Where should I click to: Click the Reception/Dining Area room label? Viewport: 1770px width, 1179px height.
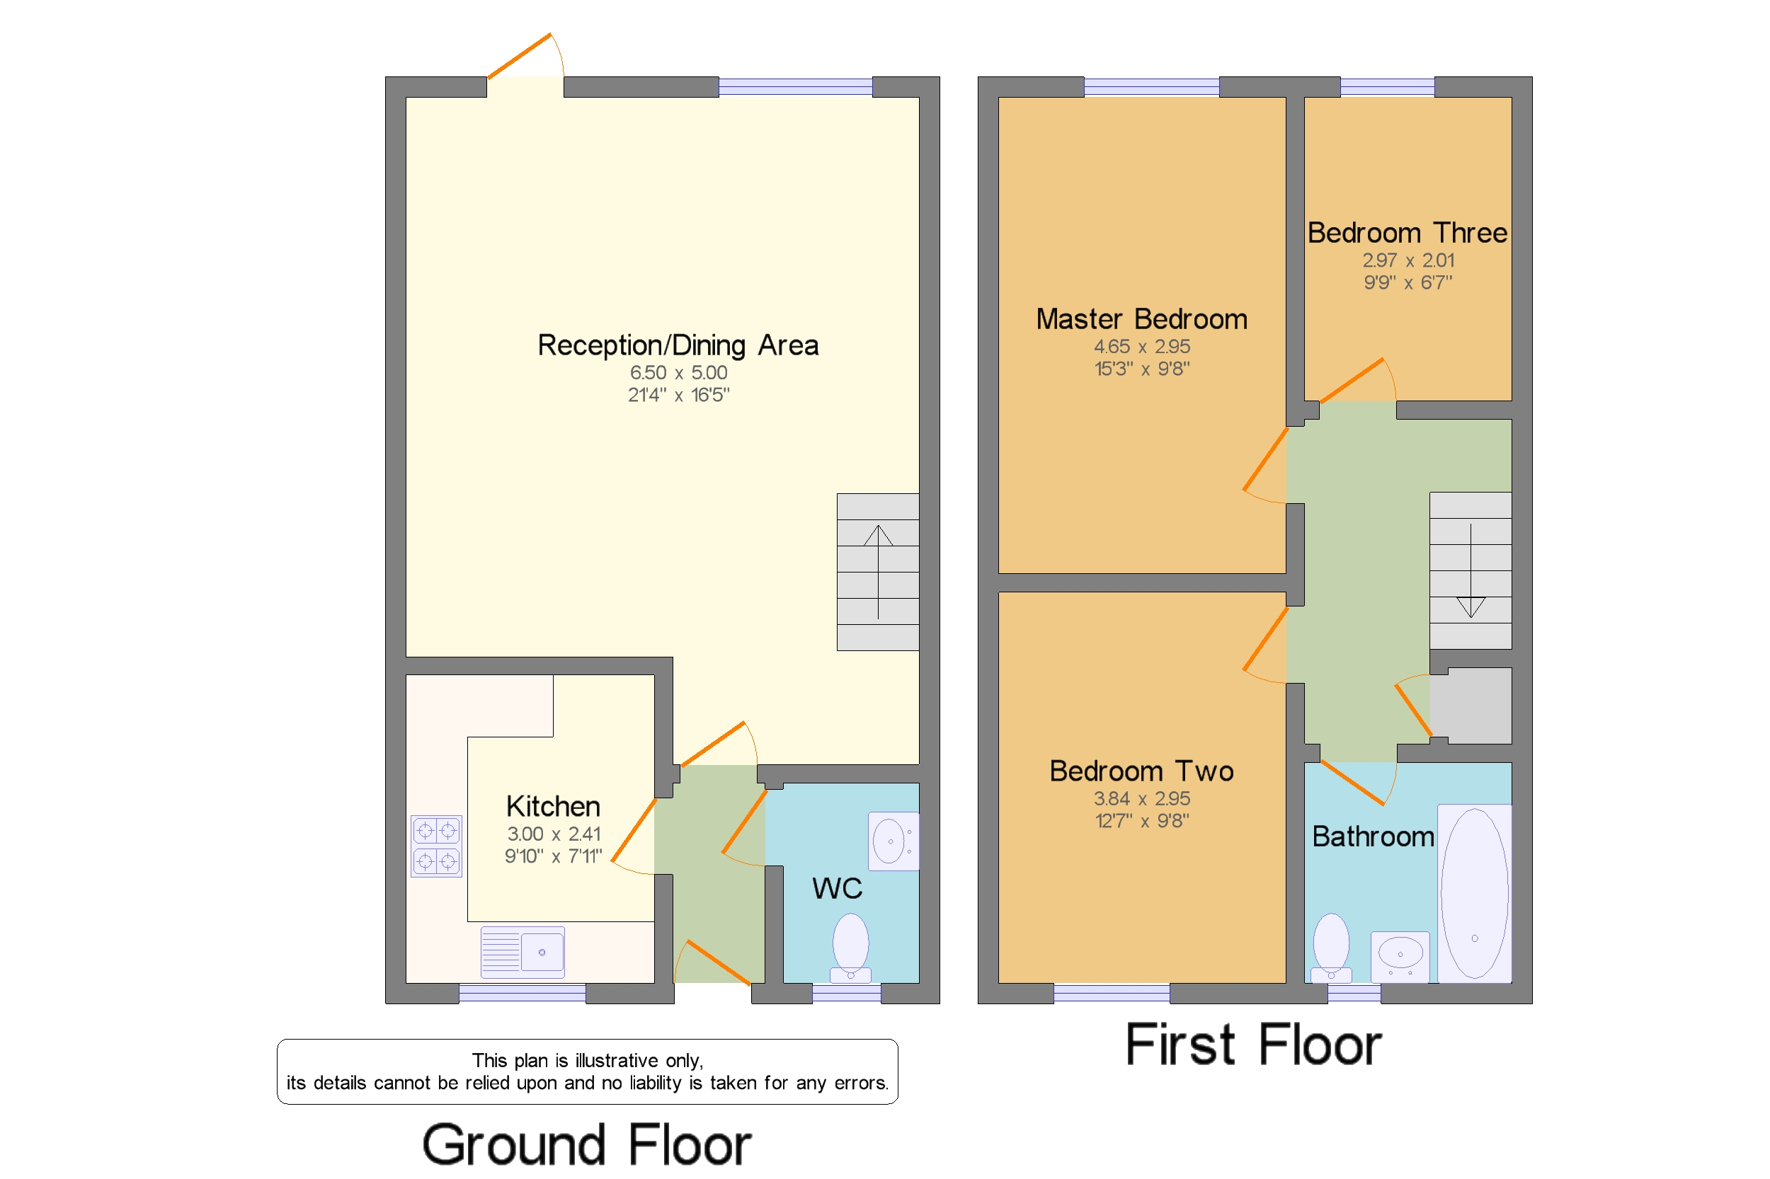[x=678, y=345]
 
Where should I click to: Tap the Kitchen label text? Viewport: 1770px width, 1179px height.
[x=553, y=806]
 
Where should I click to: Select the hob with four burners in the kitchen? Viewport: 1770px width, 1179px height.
[x=436, y=846]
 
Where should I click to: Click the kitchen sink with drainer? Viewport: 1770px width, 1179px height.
[x=522, y=952]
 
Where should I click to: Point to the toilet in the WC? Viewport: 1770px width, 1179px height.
[x=850, y=948]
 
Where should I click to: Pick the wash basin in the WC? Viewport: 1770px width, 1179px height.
[x=893, y=841]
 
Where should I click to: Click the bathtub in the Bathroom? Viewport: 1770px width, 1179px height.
[x=1474, y=893]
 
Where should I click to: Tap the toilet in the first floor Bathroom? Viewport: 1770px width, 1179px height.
[x=1331, y=948]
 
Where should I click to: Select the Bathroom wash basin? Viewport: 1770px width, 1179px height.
[x=1400, y=957]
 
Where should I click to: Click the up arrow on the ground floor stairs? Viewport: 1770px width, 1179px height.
[x=878, y=572]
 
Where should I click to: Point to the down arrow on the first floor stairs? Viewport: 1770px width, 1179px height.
[x=1471, y=570]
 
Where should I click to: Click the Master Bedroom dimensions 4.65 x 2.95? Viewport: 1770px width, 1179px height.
[x=1141, y=347]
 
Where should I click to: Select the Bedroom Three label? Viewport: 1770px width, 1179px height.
[x=1407, y=233]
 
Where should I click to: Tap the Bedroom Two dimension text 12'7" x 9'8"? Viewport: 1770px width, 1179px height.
[x=1141, y=820]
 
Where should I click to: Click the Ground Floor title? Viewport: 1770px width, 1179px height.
[x=587, y=1144]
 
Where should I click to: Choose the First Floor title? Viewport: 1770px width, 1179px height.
[x=1253, y=1045]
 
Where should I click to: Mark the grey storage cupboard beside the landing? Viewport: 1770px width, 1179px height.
[x=1470, y=706]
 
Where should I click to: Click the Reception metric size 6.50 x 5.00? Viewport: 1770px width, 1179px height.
[x=678, y=372]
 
